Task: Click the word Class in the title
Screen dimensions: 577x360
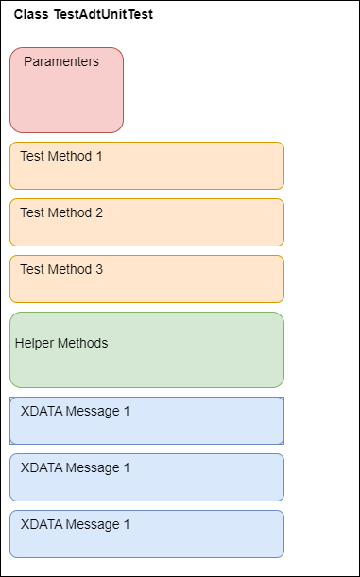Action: pyautogui.click(x=31, y=15)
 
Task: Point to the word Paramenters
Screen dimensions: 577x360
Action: pyautogui.click(x=61, y=62)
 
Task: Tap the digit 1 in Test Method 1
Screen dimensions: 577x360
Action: pyautogui.click(x=99, y=156)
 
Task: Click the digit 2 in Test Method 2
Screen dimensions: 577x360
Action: pyautogui.click(x=99, y=212)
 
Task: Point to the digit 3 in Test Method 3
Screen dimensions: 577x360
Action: pyautogui.click(x=99, y=269)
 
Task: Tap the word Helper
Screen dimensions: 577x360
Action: pyautogui.click(x=34, y=343)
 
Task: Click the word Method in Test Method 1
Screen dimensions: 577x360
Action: pyautogui.click(x=69, y=156)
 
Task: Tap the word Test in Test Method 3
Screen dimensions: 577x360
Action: pyautogui.click(x=32, y=269)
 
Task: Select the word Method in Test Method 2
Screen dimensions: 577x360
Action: pyautogui.click(x=69, y=212)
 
